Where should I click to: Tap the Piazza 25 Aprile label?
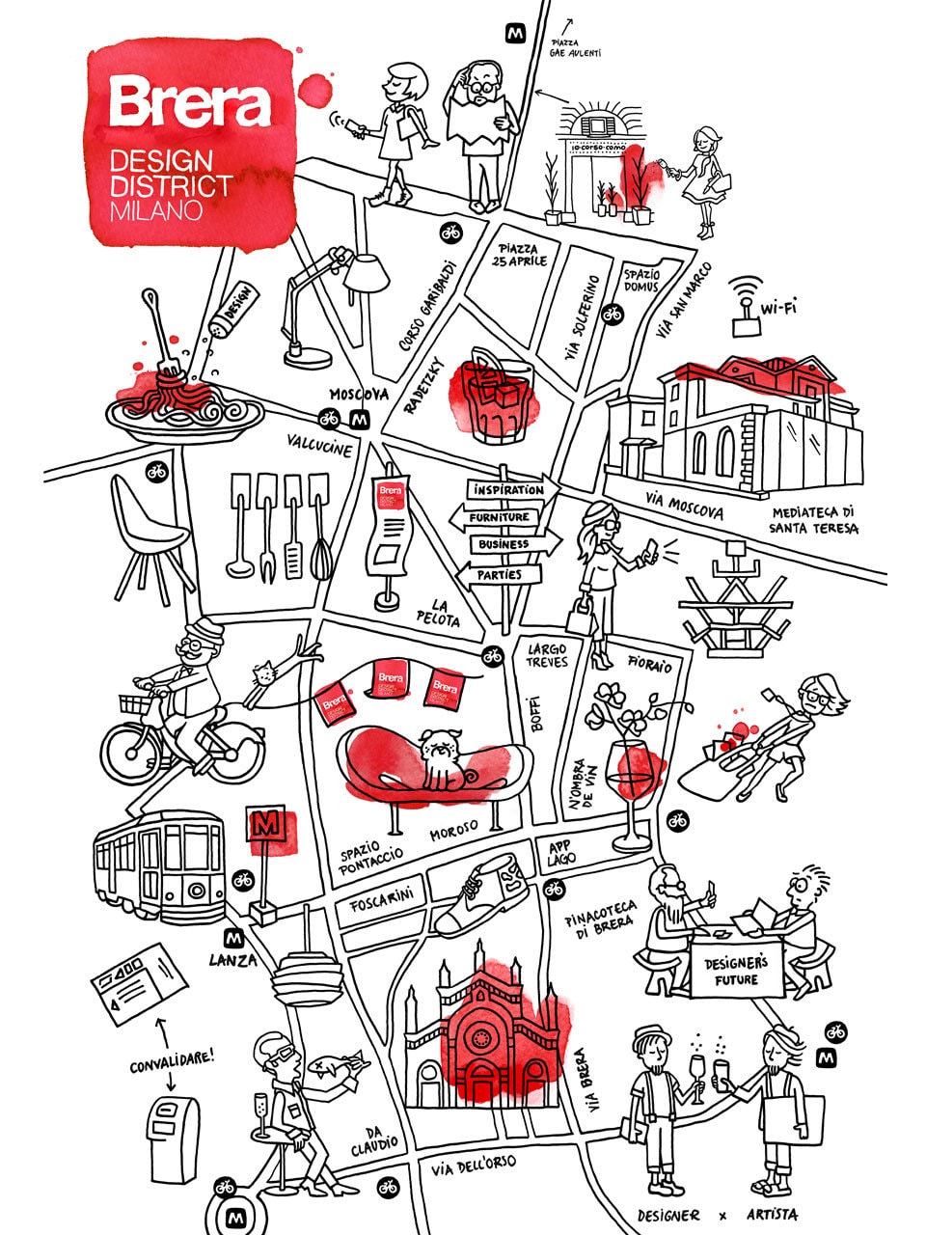523,255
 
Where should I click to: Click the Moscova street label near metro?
359,395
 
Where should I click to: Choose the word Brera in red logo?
188,103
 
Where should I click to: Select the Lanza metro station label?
233,960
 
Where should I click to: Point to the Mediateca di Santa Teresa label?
813,521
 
